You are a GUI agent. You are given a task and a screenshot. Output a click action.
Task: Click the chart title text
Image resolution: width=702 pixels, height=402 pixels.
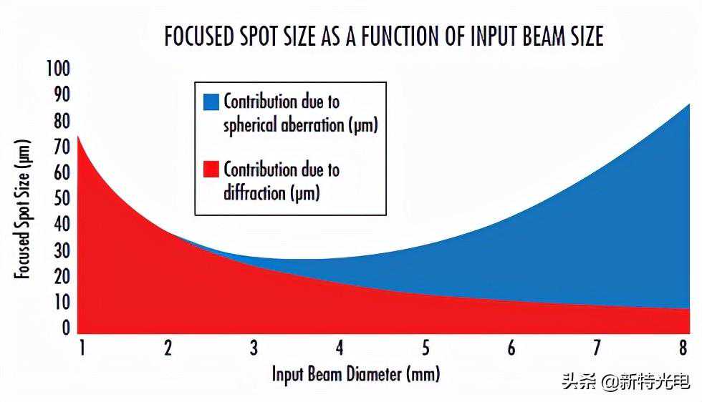click(x=384, y=36)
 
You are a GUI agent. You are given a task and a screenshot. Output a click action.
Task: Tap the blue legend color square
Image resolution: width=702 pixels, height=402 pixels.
click(x=210, y=101)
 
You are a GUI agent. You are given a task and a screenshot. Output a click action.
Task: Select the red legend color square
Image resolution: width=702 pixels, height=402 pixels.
click(x=210, y=170)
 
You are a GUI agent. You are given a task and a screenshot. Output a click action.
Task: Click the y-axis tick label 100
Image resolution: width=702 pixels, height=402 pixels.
click(x=58, y=69)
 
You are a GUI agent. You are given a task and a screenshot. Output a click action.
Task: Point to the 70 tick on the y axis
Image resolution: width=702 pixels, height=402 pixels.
click(x=62, y=147)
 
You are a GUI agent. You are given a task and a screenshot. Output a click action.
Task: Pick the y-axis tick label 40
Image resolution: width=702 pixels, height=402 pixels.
click(x=62, y=225)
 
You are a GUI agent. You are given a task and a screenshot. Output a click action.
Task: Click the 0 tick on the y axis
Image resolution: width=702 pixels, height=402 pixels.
click(x=65, y=328)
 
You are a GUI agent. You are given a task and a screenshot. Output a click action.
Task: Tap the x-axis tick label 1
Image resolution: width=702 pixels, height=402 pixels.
click(x=82, y=348)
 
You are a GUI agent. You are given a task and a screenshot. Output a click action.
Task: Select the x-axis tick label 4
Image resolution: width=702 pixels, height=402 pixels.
click(x=340, y=348)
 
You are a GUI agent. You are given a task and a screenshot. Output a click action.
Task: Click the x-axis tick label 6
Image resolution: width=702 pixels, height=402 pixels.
click(x=511, y=348)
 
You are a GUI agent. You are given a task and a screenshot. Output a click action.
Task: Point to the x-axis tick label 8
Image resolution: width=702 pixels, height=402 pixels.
click(x=684, y=348)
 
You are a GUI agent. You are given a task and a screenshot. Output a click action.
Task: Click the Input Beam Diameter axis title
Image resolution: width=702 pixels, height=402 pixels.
click(x=356, y=373)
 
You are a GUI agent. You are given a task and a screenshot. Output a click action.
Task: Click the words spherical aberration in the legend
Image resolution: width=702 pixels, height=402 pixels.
click(x=284, y=125)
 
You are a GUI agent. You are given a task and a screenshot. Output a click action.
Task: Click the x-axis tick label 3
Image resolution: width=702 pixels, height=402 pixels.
click(x=254, y=348)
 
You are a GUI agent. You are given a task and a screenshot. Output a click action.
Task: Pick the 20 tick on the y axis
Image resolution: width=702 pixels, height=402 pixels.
click(x=62, y=277)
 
